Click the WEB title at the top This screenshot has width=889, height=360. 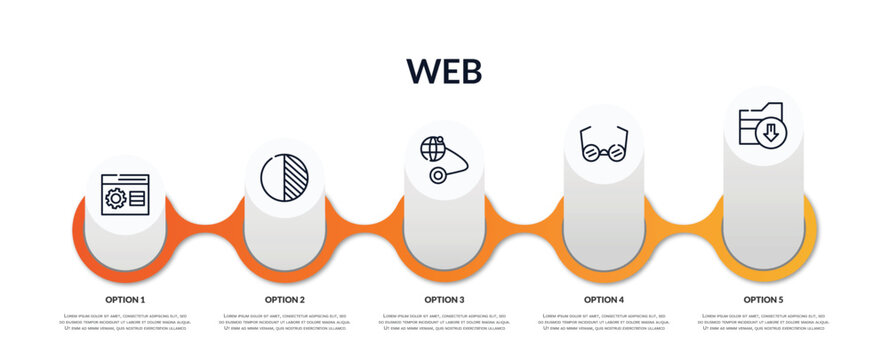click(x=444, y=70)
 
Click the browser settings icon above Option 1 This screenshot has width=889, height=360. click(x=125, y=196)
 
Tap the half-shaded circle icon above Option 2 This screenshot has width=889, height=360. click(x=284, y=177)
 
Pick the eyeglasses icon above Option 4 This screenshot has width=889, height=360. click(x=603, y=144)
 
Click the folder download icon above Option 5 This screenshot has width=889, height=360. click(x=762, y=125)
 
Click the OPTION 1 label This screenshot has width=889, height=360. click(x=125, y=299)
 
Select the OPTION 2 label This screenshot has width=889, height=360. click(x=285, y=299)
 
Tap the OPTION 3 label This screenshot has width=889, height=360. click(x=444, y=299)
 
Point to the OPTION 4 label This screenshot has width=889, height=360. click(x=604, y=299)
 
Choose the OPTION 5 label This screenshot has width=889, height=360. click(x=763, y=299)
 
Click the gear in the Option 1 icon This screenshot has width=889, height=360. click(x=116, y=199)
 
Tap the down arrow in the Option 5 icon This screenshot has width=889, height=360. click(x=771, y=132)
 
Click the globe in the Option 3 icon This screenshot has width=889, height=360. click(x=433, y=149)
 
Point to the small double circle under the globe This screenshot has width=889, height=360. click(x=437, y=175)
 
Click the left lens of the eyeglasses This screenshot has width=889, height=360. click(x=591, y=152)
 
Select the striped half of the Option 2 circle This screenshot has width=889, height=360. click(x=296, y=177)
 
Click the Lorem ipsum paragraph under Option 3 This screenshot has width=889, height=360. click(x=444, y=322)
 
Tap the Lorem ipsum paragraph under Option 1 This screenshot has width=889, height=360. click(x=125, y=322)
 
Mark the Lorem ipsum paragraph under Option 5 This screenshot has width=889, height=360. click(x=763, y=322)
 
